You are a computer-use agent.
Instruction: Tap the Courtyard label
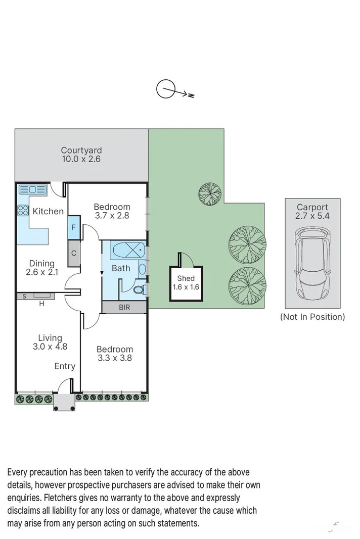81,150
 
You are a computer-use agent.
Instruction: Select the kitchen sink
32,190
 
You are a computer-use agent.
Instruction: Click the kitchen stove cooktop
23,210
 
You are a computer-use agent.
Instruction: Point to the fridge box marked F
74,227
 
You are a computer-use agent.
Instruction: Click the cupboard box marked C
74,253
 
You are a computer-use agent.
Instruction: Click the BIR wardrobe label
124,307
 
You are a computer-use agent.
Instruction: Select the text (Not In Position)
312,317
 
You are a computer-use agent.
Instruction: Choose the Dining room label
41,263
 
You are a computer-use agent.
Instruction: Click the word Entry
65,366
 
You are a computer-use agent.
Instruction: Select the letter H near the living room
41,304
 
